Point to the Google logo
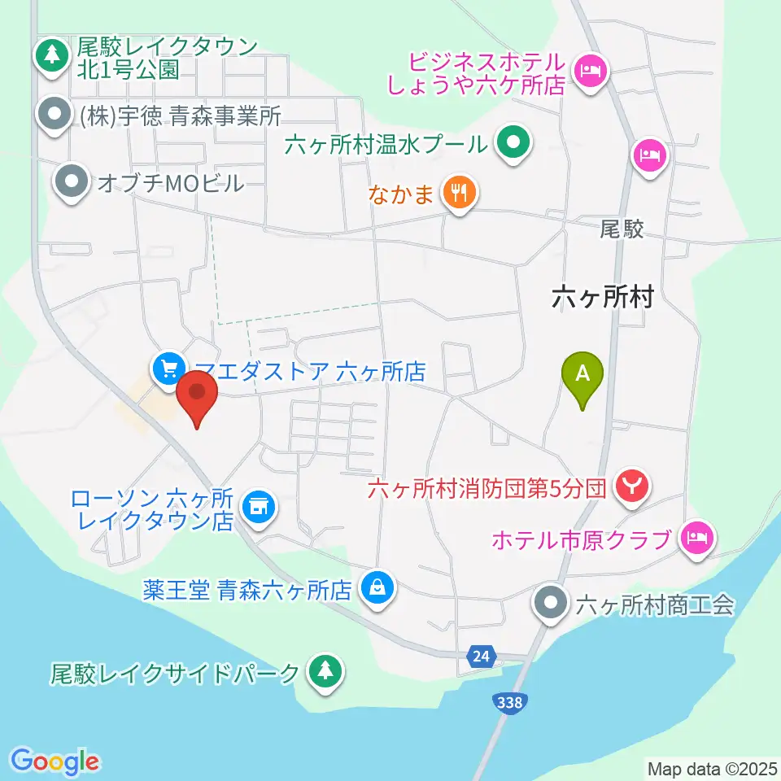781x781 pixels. click(55, 761)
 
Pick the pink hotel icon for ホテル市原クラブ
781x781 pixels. click(696, 537)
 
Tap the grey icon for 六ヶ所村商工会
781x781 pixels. click(552, 603)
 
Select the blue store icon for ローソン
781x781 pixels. click(260, 508)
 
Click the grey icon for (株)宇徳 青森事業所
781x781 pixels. click(55, 116)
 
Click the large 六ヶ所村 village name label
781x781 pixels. click(602, 298)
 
